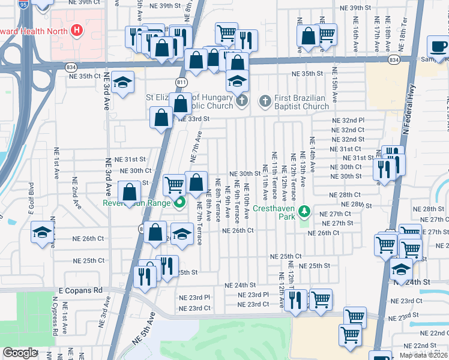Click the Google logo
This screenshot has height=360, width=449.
tap(20, 353)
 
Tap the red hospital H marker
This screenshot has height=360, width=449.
tap(77, 29)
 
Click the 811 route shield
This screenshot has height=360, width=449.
tap(182, 81)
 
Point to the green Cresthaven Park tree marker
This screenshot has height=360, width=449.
tap(305, 211)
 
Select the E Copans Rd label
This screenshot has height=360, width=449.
tap(80, 290)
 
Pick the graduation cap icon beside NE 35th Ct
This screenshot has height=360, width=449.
tap(122, 83)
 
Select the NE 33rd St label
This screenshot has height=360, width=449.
tap(193, 119)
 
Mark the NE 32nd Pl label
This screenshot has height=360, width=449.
tap(348, 120)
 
